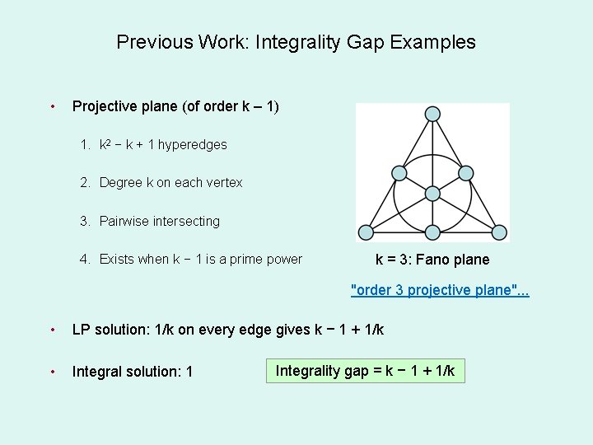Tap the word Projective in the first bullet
(x=105, y=106)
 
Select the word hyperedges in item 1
(x=192, y=144)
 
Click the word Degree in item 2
(x=120, y=182)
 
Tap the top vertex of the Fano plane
(x=432, y=115)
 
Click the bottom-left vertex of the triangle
(x=365, y=232)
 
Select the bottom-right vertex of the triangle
(x=499, y=232)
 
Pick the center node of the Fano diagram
(x=432, y=193)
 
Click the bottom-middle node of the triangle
(x=432, y=232)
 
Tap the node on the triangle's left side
(x=399, y=173)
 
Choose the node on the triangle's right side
(x=465, y=173)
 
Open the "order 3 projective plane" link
(x=440, y=290)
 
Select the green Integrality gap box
(x=365, y=371)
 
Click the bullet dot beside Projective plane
(x=53, y=106)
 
